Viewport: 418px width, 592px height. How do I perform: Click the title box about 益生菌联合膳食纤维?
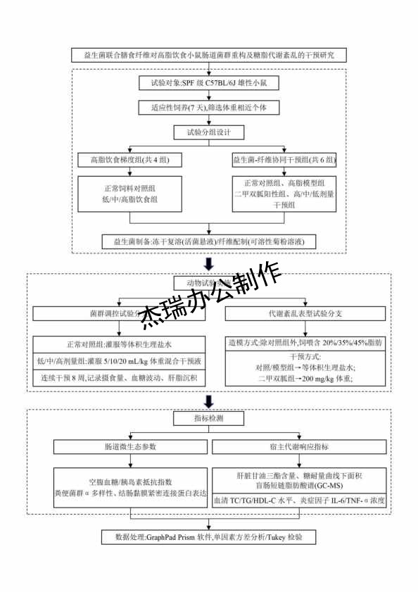[x=209, y=55]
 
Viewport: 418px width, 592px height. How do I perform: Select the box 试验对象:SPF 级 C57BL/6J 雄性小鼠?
[x=209, y=83]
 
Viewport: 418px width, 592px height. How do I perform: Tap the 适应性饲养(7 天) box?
[x=209, y=108]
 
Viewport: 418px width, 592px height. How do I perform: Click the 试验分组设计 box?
[x=209, y=132]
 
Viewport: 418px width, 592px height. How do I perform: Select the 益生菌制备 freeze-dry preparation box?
[x=209, y=241]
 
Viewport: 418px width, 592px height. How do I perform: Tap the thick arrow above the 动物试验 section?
[x=209, y=264]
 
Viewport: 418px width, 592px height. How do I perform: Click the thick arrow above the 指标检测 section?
[x=209, y=401]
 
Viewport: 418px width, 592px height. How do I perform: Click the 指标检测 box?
[x=209, y=419]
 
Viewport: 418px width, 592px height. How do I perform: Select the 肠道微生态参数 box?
[x=130, y=446]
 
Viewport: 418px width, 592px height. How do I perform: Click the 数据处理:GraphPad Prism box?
[x=209, y=537]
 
